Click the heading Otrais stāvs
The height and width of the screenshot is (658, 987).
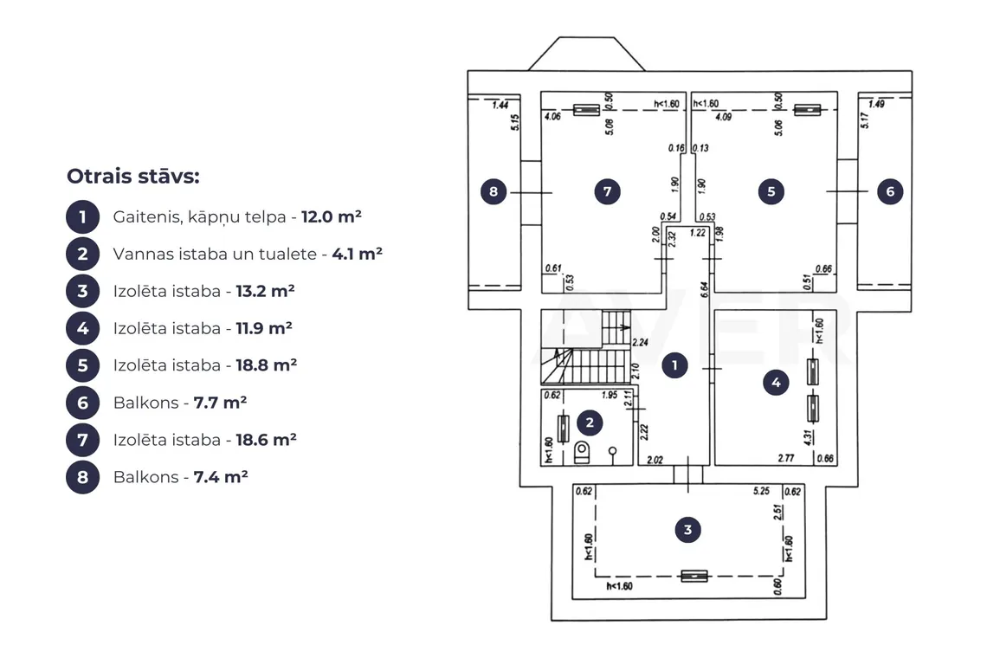(x=132, y=177)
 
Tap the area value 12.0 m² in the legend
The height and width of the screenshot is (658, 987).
(x=331, y=216)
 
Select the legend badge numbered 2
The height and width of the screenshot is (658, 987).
(x=82, y=254)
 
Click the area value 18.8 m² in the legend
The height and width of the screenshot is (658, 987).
(x=267, y=365)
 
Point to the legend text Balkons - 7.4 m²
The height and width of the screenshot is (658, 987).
(x=181, y=477)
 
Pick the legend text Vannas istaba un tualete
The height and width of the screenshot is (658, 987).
(x=215, y=254)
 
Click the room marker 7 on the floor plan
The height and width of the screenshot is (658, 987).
(x=608, y=191)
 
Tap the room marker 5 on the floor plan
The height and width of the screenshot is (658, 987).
(x=771, y=191)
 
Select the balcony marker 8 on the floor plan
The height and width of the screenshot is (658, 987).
(x=493, y=191)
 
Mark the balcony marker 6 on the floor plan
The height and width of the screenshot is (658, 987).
(x=890, y=191)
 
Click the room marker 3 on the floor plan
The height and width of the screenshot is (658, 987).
(x=687, y=530)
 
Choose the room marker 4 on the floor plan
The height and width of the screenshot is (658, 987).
(x=776, y=382)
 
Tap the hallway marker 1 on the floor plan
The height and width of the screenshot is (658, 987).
(x=674, y=365)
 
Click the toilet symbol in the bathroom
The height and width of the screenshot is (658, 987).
(x=583, y=451)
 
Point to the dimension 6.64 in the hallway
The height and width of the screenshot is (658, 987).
(x=705, y=290)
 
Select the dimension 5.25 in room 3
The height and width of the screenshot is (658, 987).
(x=762, y=491)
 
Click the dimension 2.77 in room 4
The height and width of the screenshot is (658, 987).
(x=785, y=458)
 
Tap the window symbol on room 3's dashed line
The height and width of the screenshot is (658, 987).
(x=694, y=576)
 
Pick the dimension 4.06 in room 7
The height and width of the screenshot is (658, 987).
(x=552, y=117)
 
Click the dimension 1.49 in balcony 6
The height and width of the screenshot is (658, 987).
(x=876, y=104)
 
